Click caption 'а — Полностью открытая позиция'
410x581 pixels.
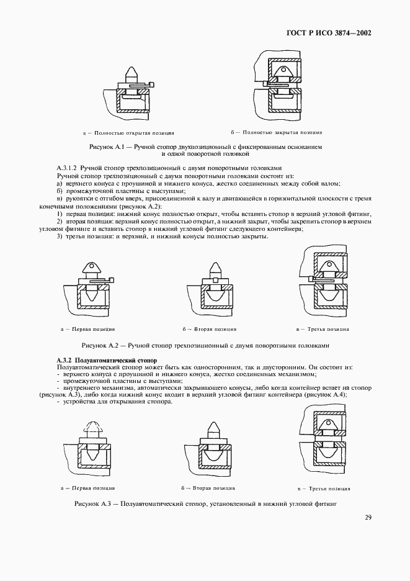[x=128, y=133]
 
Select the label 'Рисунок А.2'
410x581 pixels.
[x=100, y=345]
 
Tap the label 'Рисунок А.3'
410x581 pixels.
[x=92, y=505]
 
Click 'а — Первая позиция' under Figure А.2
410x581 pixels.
[x=88, y=329]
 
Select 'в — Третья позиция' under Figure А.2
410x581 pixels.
[x=323, y=329]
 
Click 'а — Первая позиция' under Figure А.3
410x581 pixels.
[x=88, y=488]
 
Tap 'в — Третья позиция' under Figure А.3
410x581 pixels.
[x=323, y=488]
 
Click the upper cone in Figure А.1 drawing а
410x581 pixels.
[x=133, y=74]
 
